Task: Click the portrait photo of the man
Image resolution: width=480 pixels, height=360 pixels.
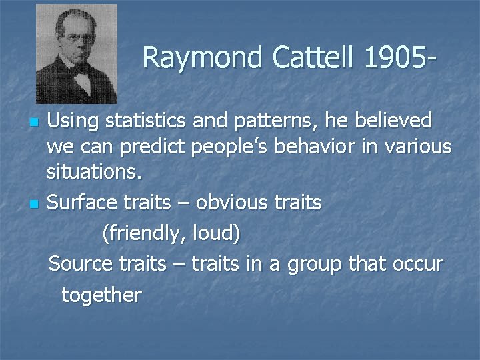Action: (76, 53)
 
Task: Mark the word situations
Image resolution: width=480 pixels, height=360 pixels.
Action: (94, 173)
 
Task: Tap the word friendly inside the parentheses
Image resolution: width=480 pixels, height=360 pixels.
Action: (143, 234)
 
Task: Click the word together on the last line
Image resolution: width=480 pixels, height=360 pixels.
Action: (101, 295)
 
